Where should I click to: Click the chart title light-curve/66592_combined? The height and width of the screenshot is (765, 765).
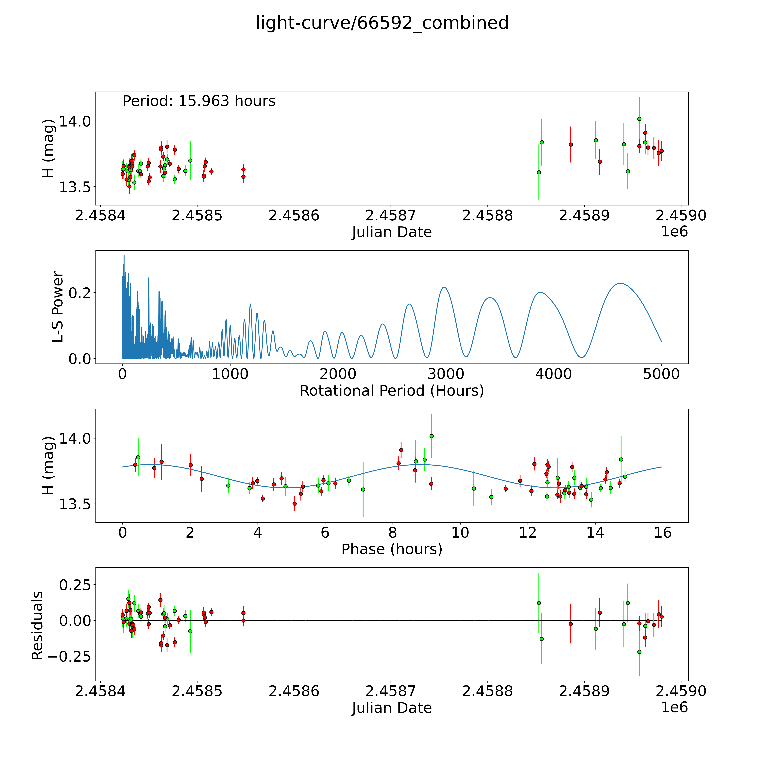pyautogui.click(x=382, y=23)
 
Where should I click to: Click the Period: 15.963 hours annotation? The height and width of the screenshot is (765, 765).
pyautogui.click(x=199, y=101)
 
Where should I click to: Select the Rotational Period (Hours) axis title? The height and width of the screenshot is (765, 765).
pyautogui.click(x=392, y=391)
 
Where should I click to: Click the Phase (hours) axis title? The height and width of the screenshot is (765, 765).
pyautogui.click(x=392, y=549)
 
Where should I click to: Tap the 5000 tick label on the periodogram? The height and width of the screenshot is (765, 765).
pyautogui.click(x=661, y=374)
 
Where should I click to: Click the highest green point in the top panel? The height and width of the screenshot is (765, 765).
pyautogui.click(x=639, y=119)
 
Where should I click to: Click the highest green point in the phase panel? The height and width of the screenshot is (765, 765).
pyautogui.click(x=432, y=436)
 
